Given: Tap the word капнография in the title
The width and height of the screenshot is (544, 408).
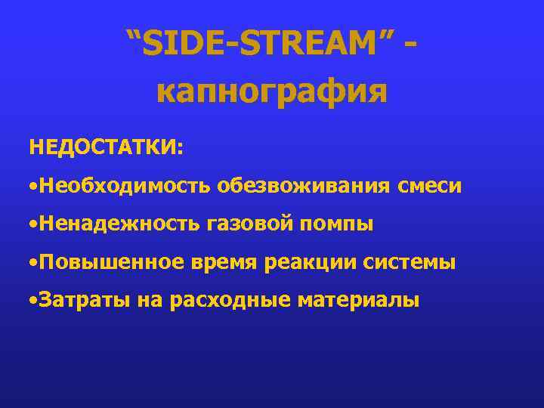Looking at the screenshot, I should (272, 91).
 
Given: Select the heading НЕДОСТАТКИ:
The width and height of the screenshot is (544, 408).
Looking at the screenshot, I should (106, 146).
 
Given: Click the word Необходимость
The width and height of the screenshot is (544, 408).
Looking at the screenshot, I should (125, 184).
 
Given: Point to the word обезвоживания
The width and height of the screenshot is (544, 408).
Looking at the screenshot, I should (303, 184).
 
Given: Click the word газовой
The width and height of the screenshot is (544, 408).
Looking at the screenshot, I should (247, 224).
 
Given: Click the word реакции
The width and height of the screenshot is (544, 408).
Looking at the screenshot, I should (311, 262).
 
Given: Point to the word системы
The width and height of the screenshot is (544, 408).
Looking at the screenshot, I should (410, 262).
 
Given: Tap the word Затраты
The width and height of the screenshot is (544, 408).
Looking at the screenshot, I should (85, 301).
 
